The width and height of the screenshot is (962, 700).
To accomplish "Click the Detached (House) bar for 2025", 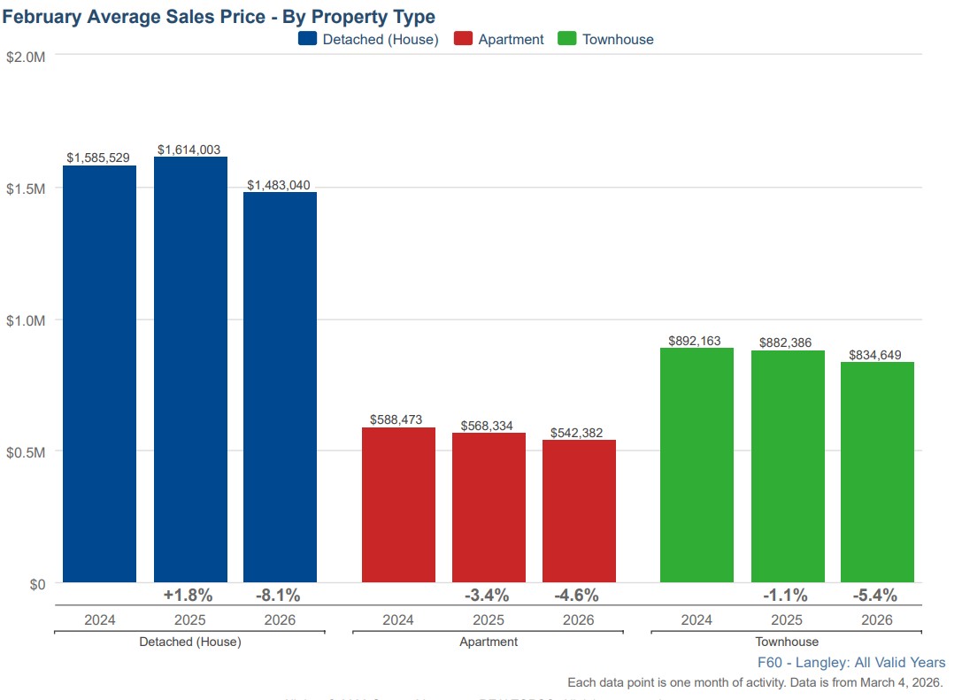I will (x=190, y=370).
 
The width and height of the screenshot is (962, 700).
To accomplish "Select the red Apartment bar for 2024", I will (x=398, y=505).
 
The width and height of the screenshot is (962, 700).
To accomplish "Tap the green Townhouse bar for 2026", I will (x=877, y=473).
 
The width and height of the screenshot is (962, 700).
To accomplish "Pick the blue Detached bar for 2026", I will (x=280, y=388).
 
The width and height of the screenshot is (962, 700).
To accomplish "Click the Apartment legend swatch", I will (x=463, y=39).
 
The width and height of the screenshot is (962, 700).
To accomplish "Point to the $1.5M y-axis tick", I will (x=26, y=188).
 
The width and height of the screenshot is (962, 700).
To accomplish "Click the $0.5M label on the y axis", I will (x=26, y=452).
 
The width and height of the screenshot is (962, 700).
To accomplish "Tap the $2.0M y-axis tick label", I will (x=26, y=57).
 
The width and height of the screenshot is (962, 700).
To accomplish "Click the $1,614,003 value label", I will (x=189, y=150).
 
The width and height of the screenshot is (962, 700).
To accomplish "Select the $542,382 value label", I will (x=577, y=434).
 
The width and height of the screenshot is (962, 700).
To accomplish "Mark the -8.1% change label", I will (x=278, y=595).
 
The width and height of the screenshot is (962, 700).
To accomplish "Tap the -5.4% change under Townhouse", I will (x=874, y=595).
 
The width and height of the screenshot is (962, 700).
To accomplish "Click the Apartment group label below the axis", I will (x=489, y=642).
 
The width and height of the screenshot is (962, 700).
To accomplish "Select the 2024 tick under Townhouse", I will (x=696, y=619).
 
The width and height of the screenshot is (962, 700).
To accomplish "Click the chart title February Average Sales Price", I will (x=219, y=17).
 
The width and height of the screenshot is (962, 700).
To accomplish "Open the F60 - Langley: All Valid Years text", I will (x=851, y=663).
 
